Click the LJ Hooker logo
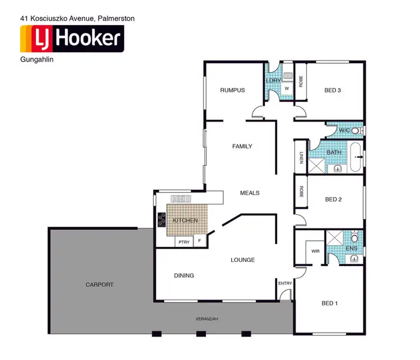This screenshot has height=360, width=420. [x=71, y=39]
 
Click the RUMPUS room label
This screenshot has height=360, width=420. [x=232, y=90]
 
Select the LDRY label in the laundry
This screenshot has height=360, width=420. [x=273, y=81]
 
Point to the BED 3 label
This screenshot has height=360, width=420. [x=333, y=90]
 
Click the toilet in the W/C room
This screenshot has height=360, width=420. [x=354, y=130]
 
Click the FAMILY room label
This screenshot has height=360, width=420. [x=242, y=147]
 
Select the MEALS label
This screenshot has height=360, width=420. [x=250, y=193]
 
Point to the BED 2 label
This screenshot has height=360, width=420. [x=333, y=199]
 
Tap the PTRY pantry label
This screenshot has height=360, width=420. [x=184, y=242]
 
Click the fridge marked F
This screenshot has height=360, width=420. [x=200, y=241]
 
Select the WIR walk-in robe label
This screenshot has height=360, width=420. [x=315, y=251]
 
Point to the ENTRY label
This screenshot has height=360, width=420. [x=285, y=283]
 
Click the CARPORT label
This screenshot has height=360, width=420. [x=100, y=284]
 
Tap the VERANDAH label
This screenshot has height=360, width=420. [x=207, y=319]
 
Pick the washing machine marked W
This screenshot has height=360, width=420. [x=287, y=88]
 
